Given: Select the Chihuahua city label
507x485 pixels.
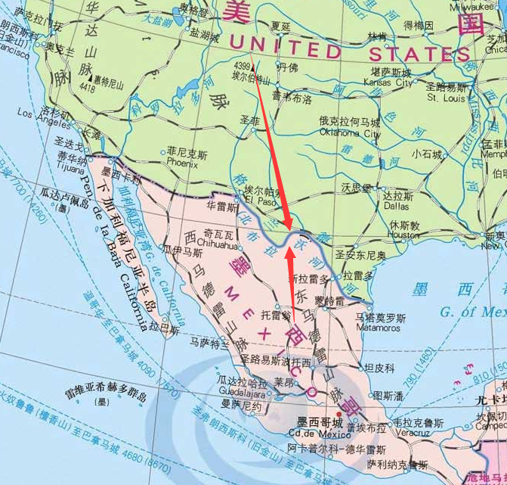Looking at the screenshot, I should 217,246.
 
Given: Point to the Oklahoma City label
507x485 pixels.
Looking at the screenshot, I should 350,132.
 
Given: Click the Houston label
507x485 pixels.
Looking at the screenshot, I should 403,235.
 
